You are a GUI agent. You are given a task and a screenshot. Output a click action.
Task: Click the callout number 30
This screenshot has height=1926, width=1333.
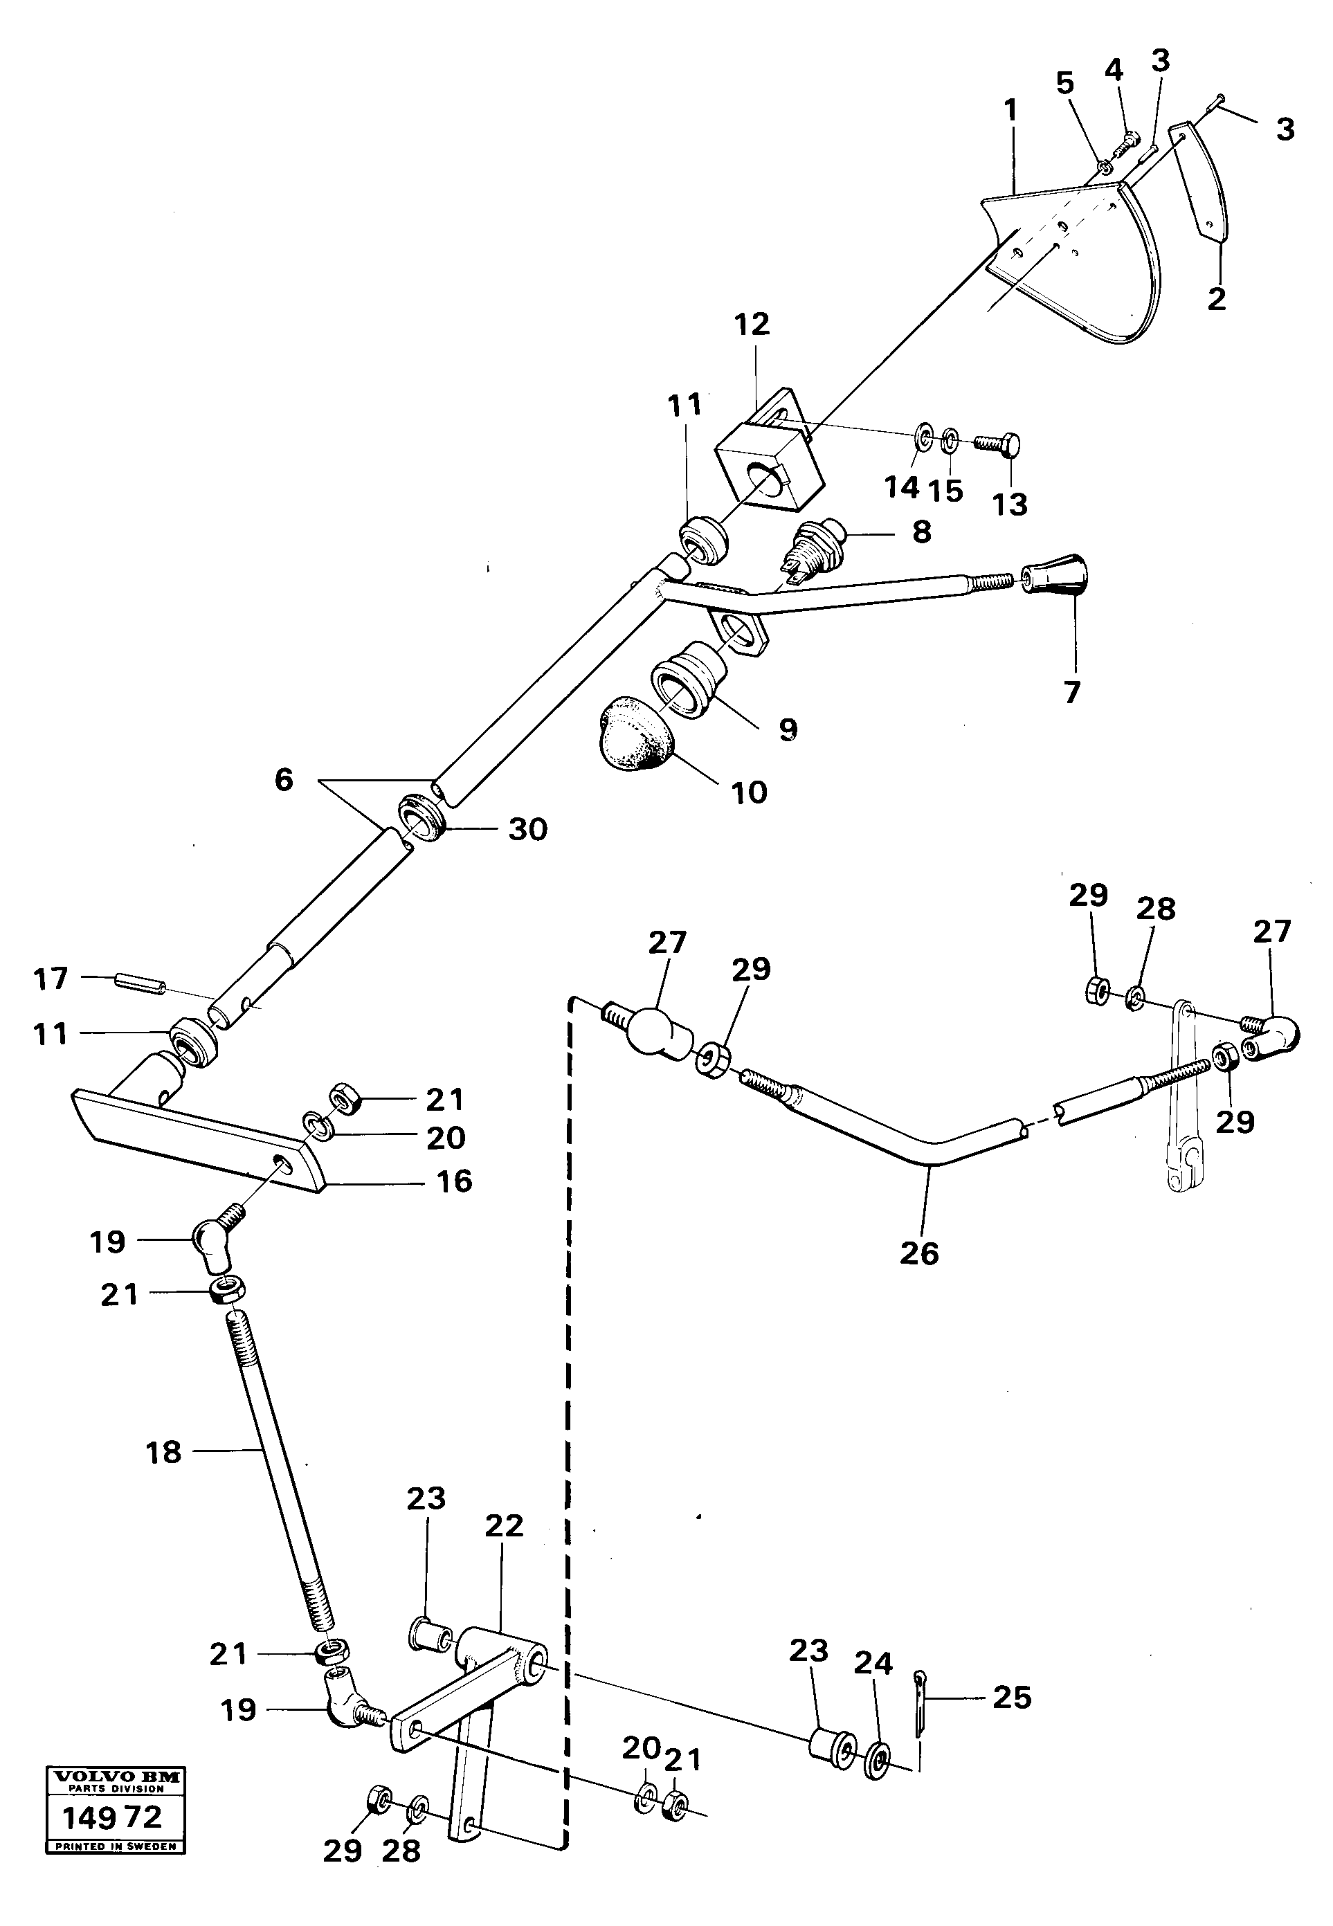pyautogui.click(x=528, y=829)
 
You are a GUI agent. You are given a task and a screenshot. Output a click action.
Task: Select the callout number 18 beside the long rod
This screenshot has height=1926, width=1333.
pyautogui.click(x=164, y=1453)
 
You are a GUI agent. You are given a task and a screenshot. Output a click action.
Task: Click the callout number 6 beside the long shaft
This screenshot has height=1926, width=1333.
pyautogui.click(x=284, y=780)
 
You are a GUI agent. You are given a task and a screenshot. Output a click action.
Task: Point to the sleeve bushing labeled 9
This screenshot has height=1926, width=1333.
pyautogui.click(x=688, y=684)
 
